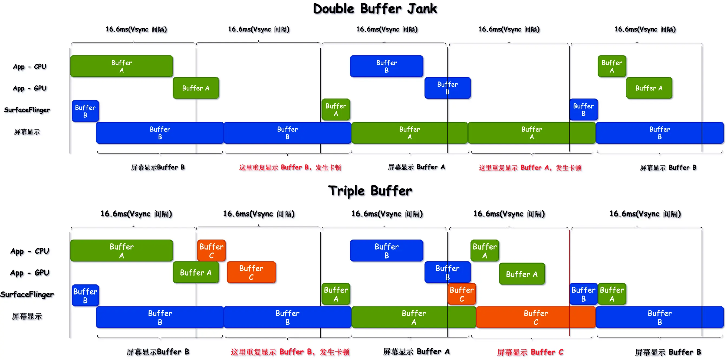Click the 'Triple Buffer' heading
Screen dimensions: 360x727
pyautogui.click(x=370, y=191)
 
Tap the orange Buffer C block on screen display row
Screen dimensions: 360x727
pyautogui.click(x=535, y=317)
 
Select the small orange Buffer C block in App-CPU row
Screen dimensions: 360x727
pyautogui.click(x=211, y=250)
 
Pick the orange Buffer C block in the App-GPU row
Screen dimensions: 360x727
pyautogui.click(x=251, y=272)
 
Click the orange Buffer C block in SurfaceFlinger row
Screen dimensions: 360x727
pyautogui.click(x=461, y=294)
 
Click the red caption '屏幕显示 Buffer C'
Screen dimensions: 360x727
pyautogui.click(x=530, y=352)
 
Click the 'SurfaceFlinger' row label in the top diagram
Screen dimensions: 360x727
pyautogui.click(x=27, y=110)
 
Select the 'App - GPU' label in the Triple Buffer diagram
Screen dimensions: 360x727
pyautogui.click(x=30, y=273)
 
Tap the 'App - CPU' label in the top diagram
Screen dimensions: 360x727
pyautogui.click(x=30, y=67)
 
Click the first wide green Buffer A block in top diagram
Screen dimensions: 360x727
pyautogui.click(x=121, y=66)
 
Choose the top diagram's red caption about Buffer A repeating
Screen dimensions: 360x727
pyautogui.click(x=530, y=168)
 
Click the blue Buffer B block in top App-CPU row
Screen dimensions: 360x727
pyautogui.click(x=386, y=66)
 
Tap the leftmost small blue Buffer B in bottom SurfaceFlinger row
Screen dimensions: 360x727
pyautogui.click(x=85, y=295)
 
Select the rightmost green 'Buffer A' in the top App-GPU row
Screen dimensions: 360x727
pyautogui.click(x=649, y=88)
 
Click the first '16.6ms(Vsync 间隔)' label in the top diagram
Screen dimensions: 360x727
pyautogui.click(x=136, y=29)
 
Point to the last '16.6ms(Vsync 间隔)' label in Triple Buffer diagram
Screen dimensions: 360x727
pyautogui.click(x=645, y=214)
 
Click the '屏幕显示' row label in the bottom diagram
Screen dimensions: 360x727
pyautogui.click(x=27, y=316)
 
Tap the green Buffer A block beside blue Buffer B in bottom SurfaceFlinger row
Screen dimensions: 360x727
pyautogui.click(x=611, y=294)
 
